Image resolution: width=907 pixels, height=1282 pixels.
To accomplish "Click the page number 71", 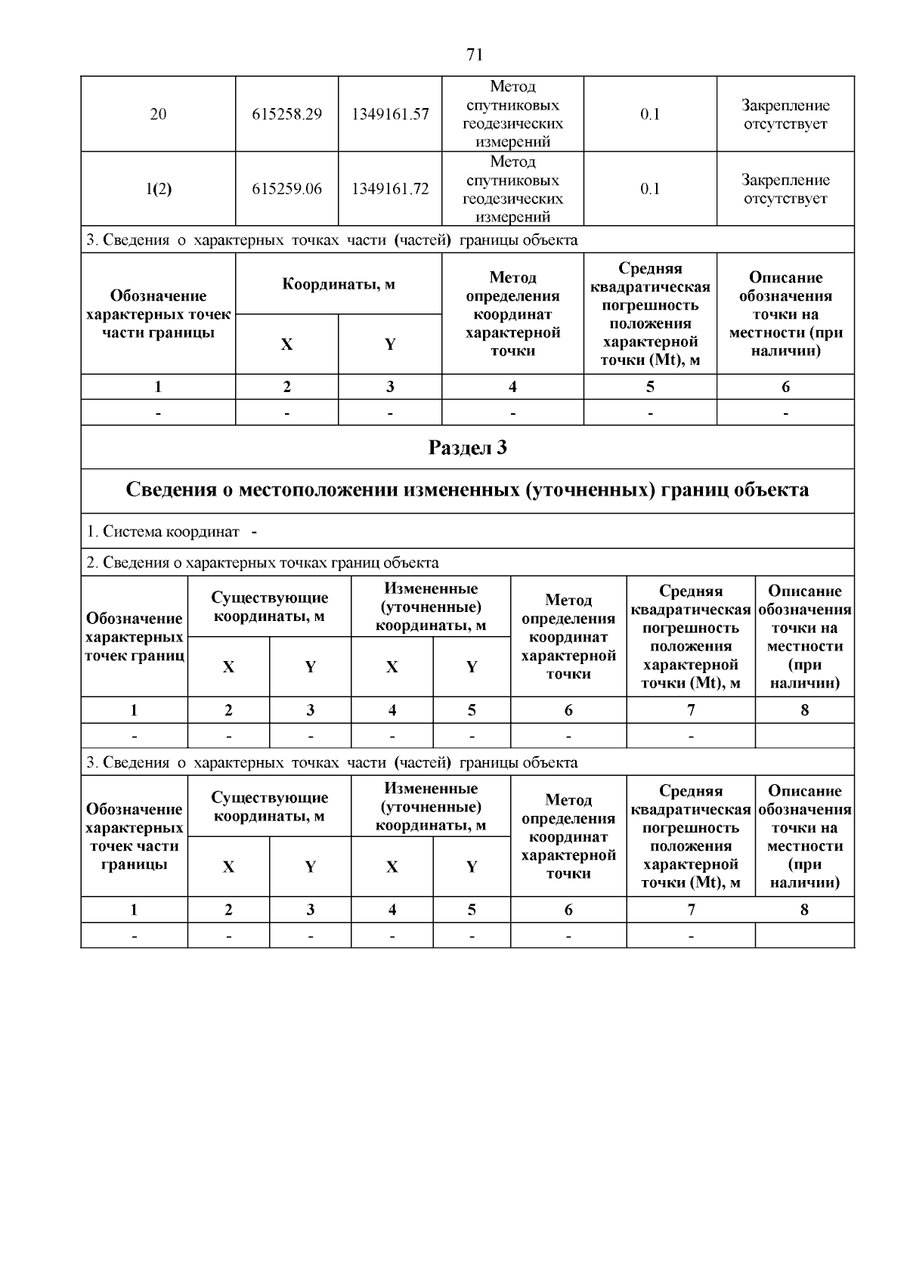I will point(475,54).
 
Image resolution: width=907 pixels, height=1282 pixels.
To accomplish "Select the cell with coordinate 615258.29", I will point(286,114).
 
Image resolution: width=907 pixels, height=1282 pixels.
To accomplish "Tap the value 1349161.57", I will point(390,114).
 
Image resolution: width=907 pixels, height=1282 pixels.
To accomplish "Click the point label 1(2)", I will point(158,189).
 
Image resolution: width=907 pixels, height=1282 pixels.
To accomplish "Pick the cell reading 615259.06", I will point(286,189).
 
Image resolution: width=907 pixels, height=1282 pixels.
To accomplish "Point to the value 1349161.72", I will point(390,189).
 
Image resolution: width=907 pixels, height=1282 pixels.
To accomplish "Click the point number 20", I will point(158,114).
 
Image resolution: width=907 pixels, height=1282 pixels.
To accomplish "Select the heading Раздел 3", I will point(467,448).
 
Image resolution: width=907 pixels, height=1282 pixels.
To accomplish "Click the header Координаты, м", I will point(339,284).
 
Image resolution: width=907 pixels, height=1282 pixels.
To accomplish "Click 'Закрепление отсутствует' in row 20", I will point(785,114).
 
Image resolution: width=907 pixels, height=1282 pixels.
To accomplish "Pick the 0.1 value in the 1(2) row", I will point(650,189).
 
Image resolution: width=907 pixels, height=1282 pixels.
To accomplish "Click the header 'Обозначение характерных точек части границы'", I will point(158,314).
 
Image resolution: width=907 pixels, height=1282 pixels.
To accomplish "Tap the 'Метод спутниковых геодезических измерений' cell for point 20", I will point(512,114).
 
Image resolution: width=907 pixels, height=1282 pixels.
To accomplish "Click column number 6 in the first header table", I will point(785,387).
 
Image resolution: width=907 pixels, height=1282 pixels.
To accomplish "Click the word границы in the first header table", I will point(187,333).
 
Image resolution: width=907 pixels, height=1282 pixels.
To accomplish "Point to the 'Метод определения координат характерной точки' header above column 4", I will point(512,314).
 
